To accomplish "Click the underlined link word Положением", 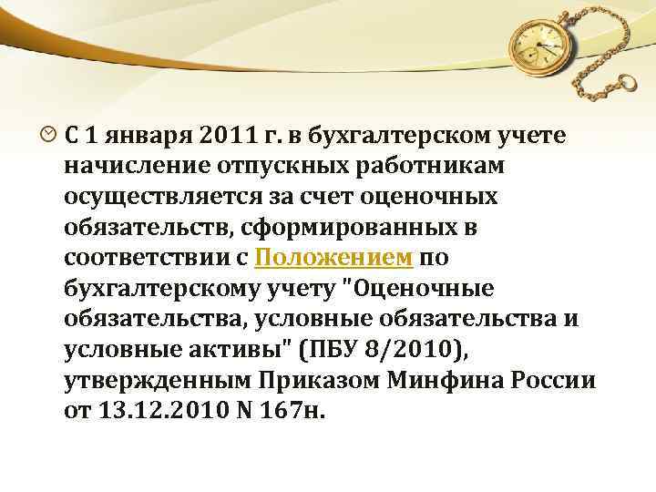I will pos(334,258).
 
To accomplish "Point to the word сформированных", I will pos(364,227).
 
